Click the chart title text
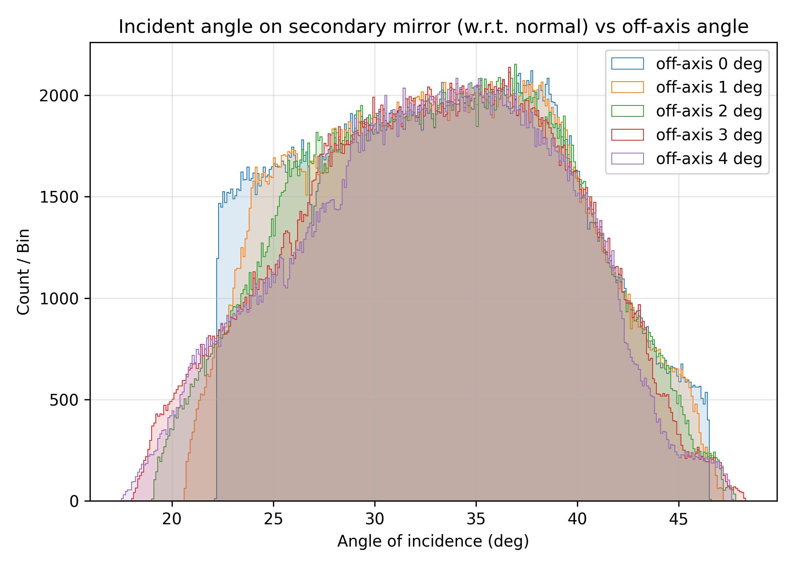433,27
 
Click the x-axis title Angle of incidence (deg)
433,541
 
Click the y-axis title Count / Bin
23,271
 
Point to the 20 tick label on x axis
172,519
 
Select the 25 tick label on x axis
273,519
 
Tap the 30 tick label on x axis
375,519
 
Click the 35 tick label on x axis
476,519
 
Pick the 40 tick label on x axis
577,519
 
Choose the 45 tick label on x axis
679,519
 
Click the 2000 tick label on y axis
59,96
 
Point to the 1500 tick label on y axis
59,197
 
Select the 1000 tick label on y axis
59,299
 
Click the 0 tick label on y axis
74,501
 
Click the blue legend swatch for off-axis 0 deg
627,64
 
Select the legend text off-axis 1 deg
709,87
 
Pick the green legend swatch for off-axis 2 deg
627,111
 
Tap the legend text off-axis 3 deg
709,135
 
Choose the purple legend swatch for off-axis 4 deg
627,159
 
